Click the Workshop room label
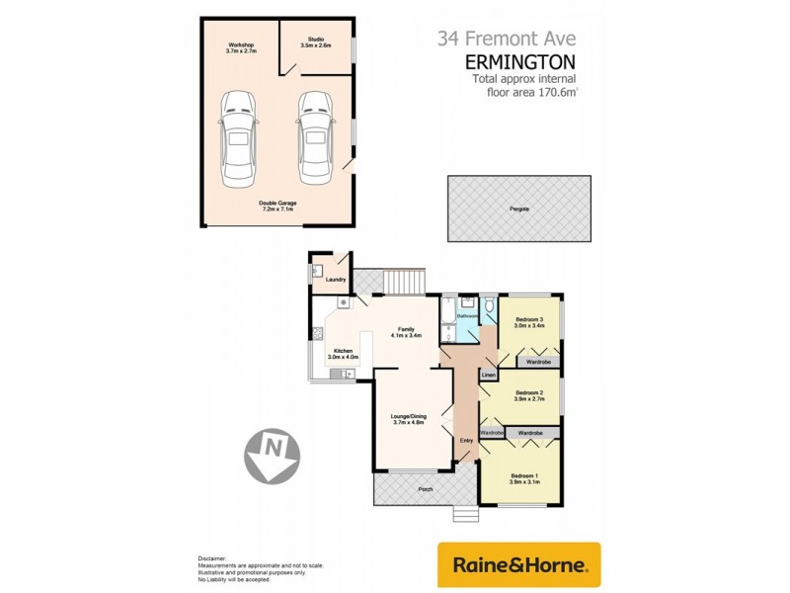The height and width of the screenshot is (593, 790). (x=242, y=47)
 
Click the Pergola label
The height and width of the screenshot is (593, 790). (x=519, y=210)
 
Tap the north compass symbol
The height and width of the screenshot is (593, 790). (x=273, y=453)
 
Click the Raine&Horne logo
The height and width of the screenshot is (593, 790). (x=518, y=565)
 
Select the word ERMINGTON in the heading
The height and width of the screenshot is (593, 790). (x=520, y=61)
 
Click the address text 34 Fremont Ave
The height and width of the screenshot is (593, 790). (x=508, y=39)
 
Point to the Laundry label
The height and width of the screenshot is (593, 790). (x=335, y=280)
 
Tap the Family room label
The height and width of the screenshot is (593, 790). (x=405, y=332)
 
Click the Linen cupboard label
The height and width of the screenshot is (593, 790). (x=488, y=376)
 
